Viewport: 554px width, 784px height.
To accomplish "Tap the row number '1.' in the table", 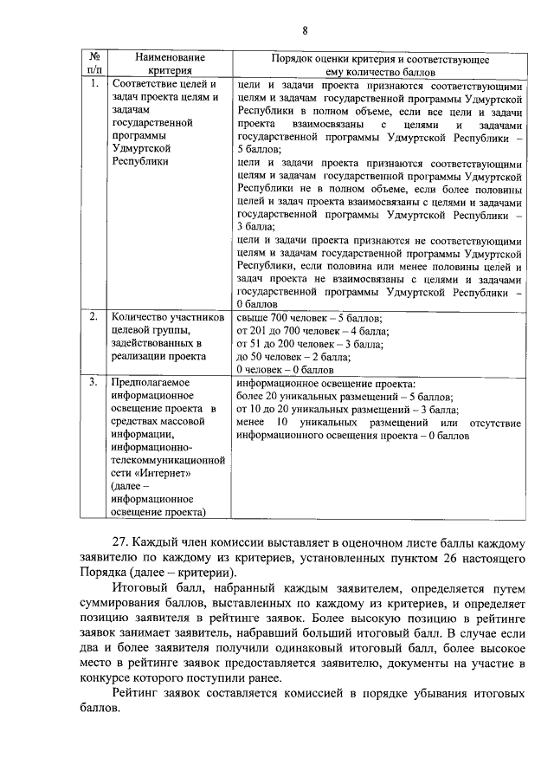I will click(92, 85).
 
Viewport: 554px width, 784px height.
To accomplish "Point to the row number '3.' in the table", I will click(92, 381).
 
